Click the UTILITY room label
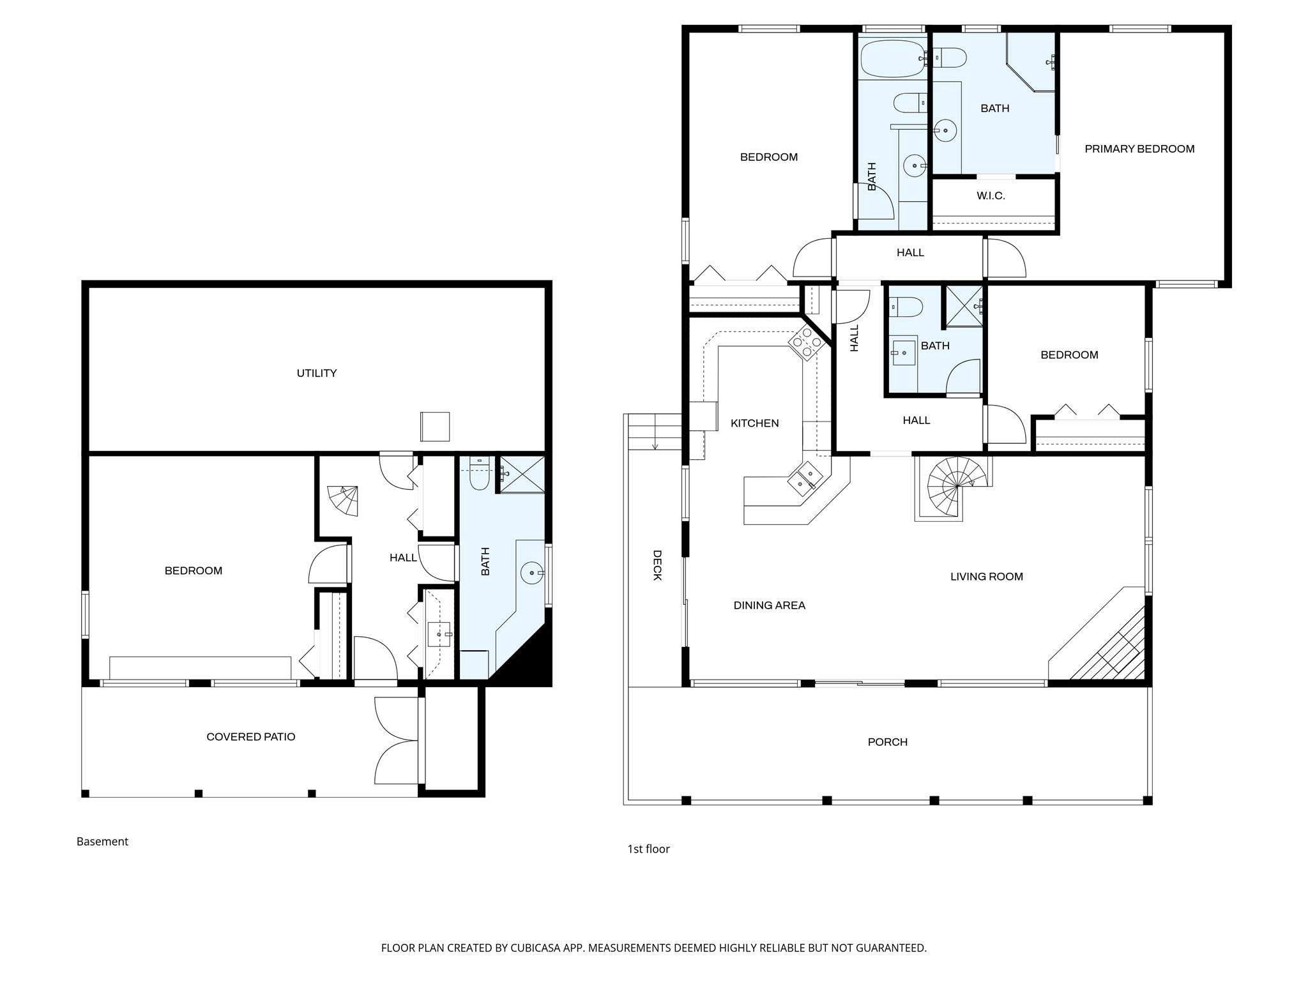coord(316,373)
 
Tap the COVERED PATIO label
coord(250,736)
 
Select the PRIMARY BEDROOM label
coord(1139,149)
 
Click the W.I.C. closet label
coord(991,196)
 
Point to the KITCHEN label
coord(754,423)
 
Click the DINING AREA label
coord(769,605)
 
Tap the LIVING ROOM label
coord(986,576)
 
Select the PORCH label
coord(887,741)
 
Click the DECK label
coord(657,565)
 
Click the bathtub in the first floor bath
coord(891,58)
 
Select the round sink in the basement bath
coord(531,573)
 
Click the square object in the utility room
coord(434,426)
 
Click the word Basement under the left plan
coord(102,841)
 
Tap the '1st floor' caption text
coord(648,849)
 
